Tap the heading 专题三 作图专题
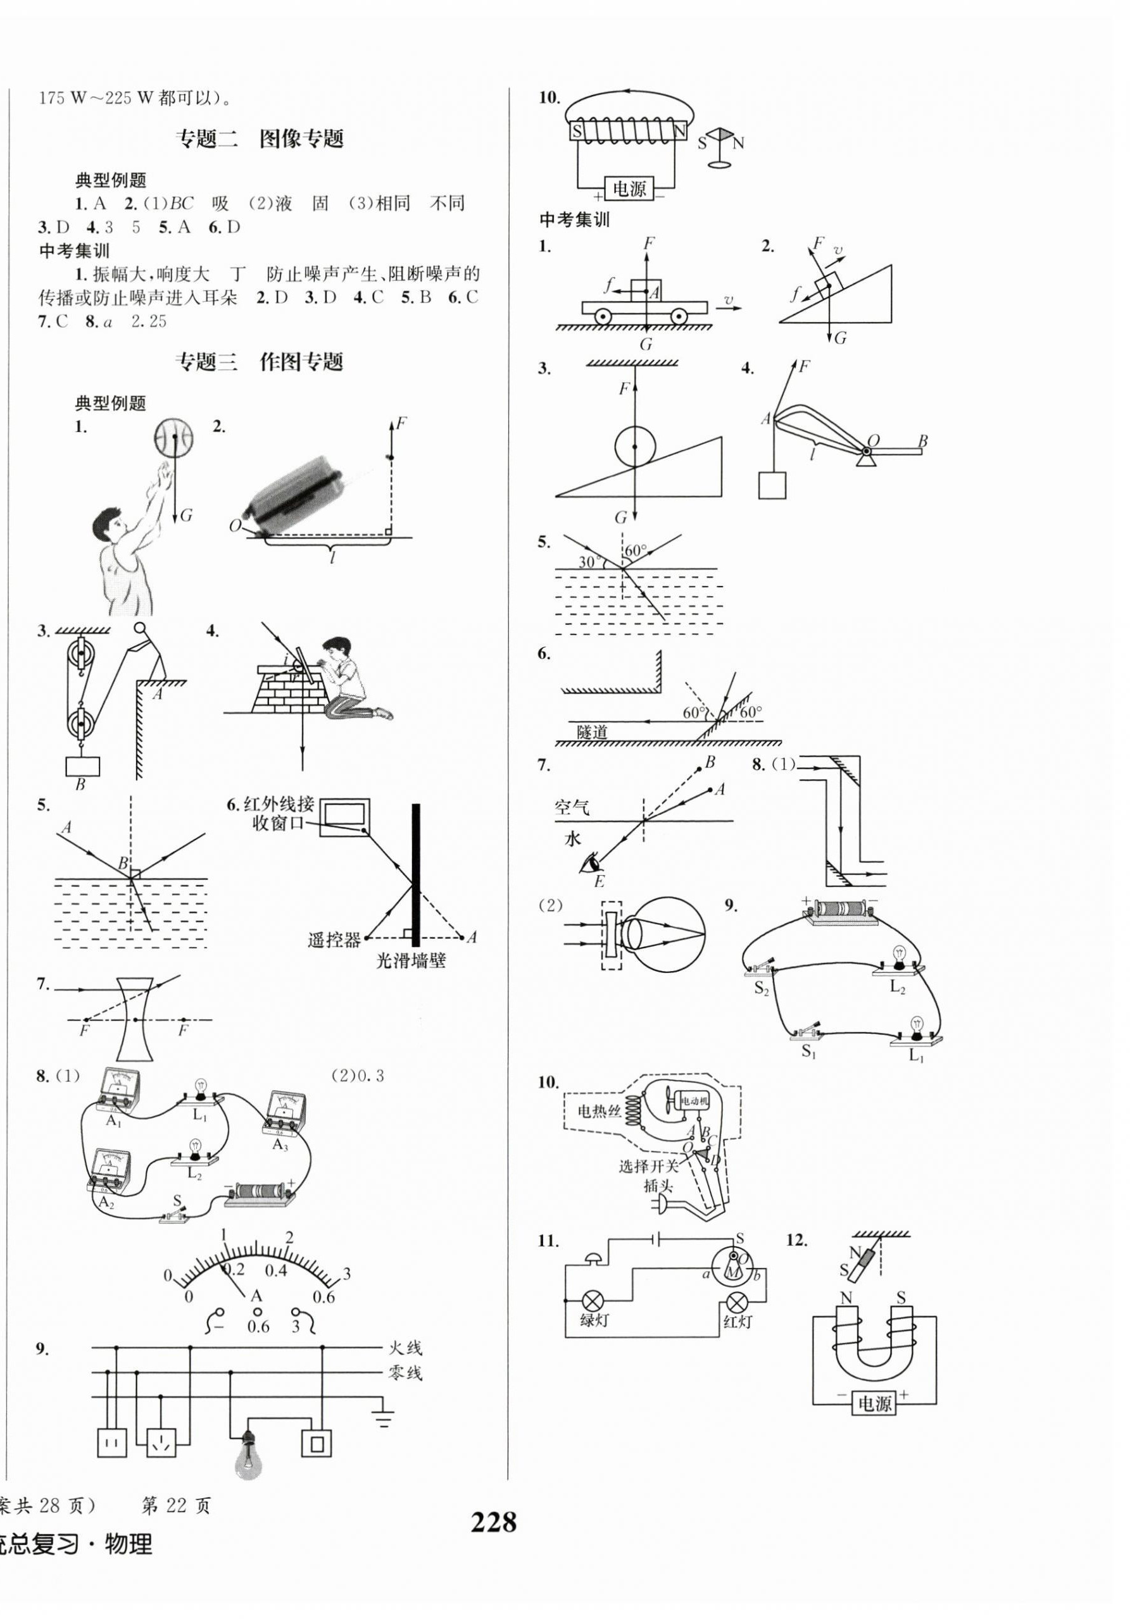click(x=259, y=362)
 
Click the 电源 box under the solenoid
click(x=629, y=189)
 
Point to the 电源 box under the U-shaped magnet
click(x=875, y=1403)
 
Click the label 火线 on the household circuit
click(x=405, y=1348)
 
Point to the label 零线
click(x=405, y=1373)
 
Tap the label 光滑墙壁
click(x=410, y=960)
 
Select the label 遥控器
click(x=334, y=940)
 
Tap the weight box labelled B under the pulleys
click(x=82, y=767)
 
